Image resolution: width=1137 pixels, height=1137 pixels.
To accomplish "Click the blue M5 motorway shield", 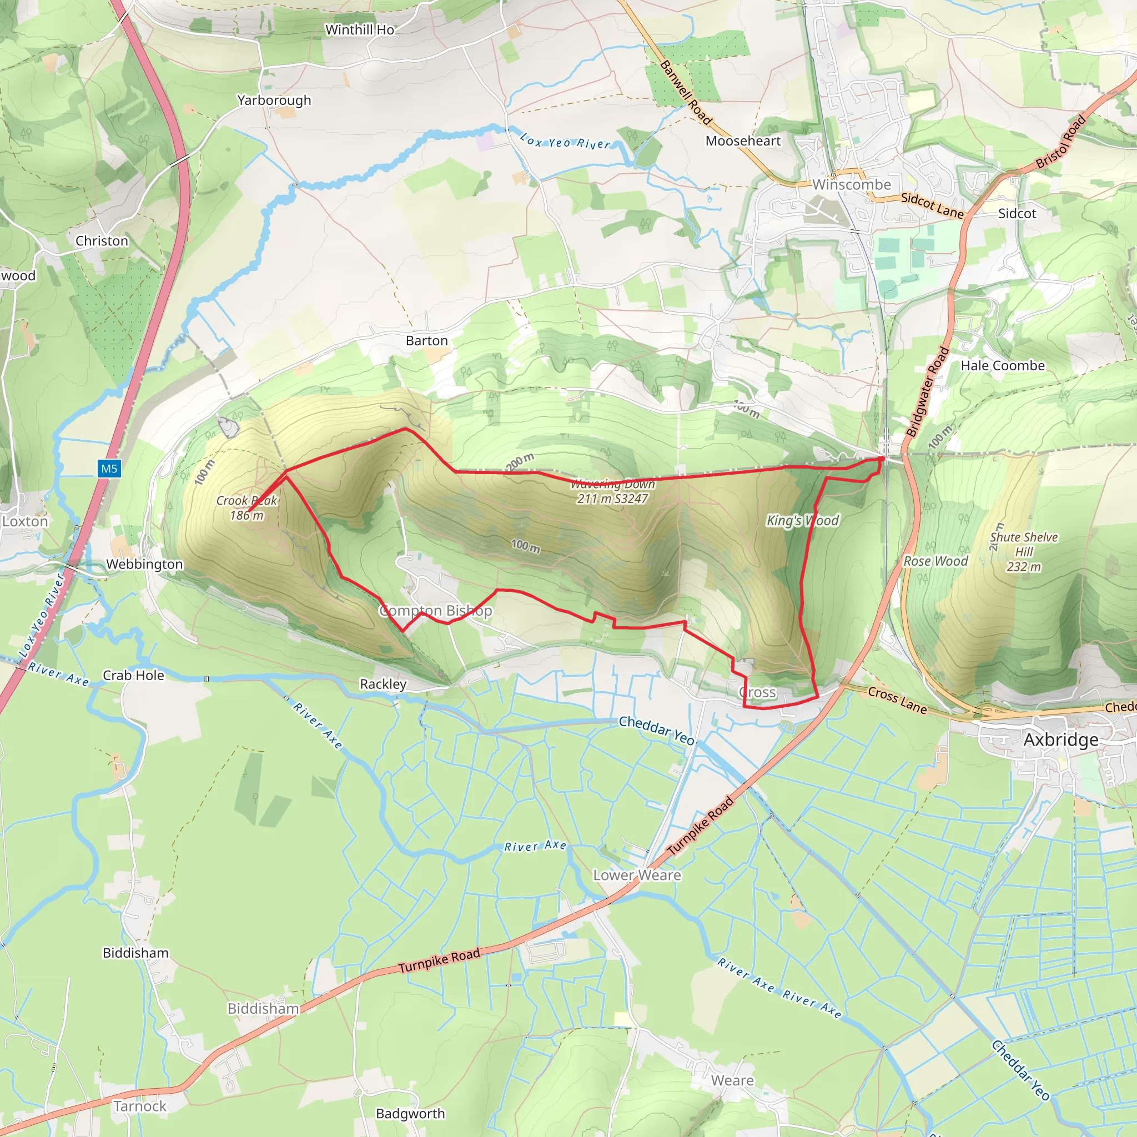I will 109,469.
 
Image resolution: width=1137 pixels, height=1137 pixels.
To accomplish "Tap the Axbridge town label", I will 1060,739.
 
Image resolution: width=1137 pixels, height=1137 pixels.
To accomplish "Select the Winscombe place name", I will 852,184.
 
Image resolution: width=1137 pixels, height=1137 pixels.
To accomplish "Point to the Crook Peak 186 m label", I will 246,508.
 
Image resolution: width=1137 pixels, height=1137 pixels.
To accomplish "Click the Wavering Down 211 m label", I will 612,491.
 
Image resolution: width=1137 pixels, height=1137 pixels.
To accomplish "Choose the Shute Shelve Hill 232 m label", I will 1023,551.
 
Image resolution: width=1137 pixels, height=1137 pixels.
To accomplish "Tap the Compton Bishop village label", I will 435,610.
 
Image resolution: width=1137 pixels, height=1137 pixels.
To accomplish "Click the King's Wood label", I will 802,520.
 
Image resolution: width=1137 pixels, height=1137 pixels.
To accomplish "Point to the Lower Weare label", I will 637,875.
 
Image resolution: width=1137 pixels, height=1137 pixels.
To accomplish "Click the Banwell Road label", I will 686,92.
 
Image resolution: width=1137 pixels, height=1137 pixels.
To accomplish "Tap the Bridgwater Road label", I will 928,391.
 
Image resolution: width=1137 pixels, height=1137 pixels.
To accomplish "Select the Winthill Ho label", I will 360,29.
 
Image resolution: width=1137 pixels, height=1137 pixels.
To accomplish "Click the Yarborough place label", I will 274,100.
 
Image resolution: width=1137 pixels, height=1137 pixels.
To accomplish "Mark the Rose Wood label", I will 935,561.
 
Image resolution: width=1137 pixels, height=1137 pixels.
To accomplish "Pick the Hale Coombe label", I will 1003,365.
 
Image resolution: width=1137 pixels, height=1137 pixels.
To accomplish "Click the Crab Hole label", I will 133,675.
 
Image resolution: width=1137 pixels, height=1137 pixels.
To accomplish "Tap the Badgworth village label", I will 410,1114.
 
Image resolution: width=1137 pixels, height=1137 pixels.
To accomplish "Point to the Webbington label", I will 144,564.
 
